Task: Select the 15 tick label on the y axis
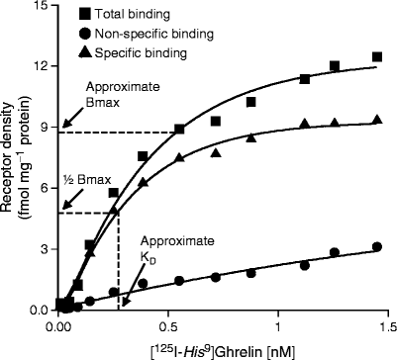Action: (x=41, y=8)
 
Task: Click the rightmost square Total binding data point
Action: (x=376, y=57)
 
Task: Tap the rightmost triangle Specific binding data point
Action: (x=376, y=120)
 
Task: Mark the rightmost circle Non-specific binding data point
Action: (x=376, y=247)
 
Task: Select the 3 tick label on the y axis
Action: (x=45, y=249)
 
